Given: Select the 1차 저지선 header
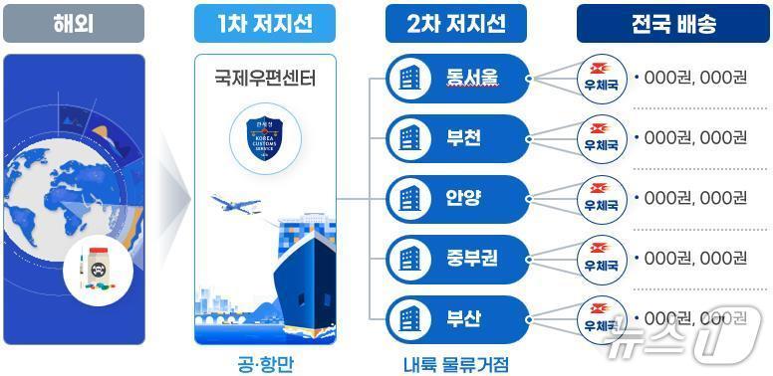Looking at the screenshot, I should click(264, 24).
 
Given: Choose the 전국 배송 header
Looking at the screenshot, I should click(672, 24).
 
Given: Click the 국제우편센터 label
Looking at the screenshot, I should click(265, 76).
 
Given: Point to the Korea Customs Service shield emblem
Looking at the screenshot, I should click(266, 138).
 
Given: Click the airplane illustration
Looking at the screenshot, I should click(237, 205).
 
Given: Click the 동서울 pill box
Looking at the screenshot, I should click(454, 77).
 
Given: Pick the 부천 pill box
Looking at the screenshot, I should click(454, 137).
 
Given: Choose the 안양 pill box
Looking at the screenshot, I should click(454, 197).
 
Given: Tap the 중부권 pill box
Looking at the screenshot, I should click(454, 258).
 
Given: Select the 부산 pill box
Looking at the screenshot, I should click(454, 319).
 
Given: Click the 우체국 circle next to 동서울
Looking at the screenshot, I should click(602, 77).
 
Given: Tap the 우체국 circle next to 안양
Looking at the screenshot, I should click(602, 197).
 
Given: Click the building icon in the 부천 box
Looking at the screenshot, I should click(408, 137).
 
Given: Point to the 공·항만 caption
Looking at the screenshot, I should click(265, 363).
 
